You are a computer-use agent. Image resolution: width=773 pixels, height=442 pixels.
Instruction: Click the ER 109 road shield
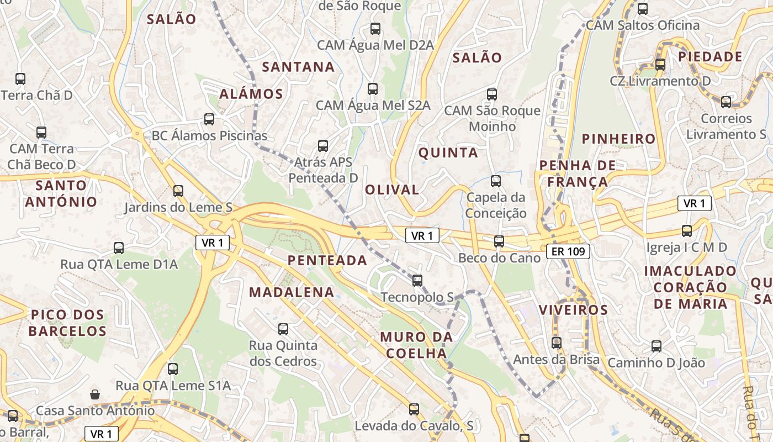pyautogui.click(x=568, y=252)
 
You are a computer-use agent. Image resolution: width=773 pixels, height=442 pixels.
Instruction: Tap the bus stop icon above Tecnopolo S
pyautogui.click(x=417, y=280)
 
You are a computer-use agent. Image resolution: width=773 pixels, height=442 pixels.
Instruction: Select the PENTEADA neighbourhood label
pyautogui.click(x=327, y=260)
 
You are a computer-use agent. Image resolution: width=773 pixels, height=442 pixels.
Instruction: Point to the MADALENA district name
pyautogui.click(x=292, y=292)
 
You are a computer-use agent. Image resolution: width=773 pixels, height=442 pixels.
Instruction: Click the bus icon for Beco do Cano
pyautogui.click(x=499, y=241)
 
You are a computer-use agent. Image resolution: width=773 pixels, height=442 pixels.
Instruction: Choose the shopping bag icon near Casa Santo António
pyautogui.click(x=95, y=394)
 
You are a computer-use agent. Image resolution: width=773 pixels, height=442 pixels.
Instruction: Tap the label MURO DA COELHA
pyautogui.click(x=416, y=345)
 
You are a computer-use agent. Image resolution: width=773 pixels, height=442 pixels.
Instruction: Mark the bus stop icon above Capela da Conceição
pyautogui.click(x=496, y=181)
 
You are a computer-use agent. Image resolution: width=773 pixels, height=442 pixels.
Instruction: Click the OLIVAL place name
pyautogui.click(x=392, y=190)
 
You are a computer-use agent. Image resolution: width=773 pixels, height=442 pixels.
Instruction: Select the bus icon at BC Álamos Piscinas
pyautogui.click(x=209, y=119)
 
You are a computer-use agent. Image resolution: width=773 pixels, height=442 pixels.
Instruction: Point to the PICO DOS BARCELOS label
pyautogui.click(x=67, y=323)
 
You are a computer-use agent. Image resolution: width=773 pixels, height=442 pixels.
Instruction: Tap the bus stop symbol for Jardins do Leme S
pyautogui.click(x=178, y=191)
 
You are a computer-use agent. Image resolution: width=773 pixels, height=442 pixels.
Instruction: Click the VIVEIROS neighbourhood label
pyautogui.click(x=573, y=309)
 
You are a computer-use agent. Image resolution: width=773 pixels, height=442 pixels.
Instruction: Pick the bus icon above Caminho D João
pyautogui.click(x=656, y=346)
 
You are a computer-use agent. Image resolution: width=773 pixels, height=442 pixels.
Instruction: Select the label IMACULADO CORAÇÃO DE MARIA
pyautogui.click(x=690, y=287)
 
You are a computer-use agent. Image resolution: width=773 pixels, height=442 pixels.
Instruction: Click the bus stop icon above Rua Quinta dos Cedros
pyautogui.click(x=283, y=329)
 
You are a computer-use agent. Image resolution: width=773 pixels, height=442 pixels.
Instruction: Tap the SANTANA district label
pyautogui.click(x=298, y=67)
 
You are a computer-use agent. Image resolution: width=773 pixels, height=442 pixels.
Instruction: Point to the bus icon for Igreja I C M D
pyautogui.click(x=687, y=231)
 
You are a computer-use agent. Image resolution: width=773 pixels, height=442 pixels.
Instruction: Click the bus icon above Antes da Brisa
pyautogui.click(x=556, y=343)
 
